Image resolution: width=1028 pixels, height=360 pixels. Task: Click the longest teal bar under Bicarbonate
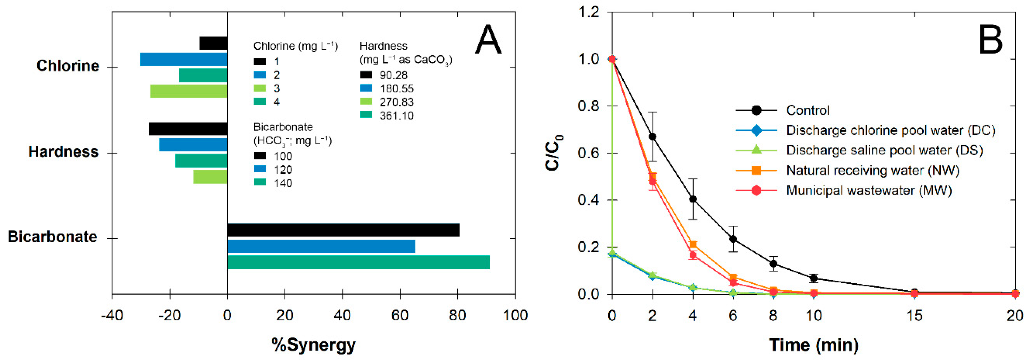[x=358, y=262]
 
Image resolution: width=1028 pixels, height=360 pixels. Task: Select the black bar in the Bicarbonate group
[x=343, y=230]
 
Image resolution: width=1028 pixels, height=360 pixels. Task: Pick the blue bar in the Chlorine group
[x=184, y=59]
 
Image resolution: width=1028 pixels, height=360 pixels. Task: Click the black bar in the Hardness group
[x=188, y=129]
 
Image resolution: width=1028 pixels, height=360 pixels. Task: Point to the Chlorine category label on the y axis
[x=68, y=66]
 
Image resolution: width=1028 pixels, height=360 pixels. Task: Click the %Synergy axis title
[x=313, y=344]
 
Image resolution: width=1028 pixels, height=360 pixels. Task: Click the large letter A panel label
[x=488, y=40]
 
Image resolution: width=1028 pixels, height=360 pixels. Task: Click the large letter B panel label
[x=990, y=40]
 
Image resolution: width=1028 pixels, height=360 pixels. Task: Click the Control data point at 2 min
[x=653, y=136]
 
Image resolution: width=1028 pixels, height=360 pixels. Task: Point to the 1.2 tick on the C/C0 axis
[x=589, y=12]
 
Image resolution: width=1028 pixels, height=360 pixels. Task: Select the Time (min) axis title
[x=813, y=344]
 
